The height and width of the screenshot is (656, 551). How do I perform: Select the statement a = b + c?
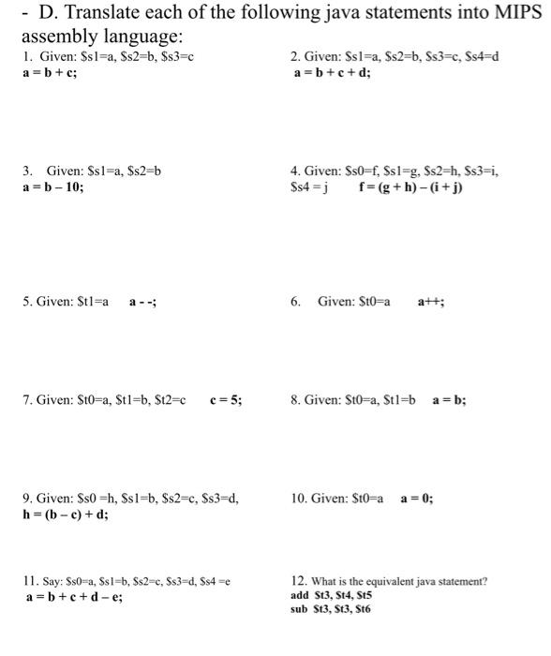click(x=49, y=72)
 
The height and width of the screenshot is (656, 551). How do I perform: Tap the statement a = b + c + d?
click(x=332, y=72)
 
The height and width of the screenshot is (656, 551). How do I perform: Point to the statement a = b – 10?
click(x=53, y=186)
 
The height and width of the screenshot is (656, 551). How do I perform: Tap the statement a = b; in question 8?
click(x=449, y=400)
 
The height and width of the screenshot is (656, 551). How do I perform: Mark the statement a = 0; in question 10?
click(x=416, y=499)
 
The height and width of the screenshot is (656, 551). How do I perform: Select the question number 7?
click(x=27, y=400)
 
